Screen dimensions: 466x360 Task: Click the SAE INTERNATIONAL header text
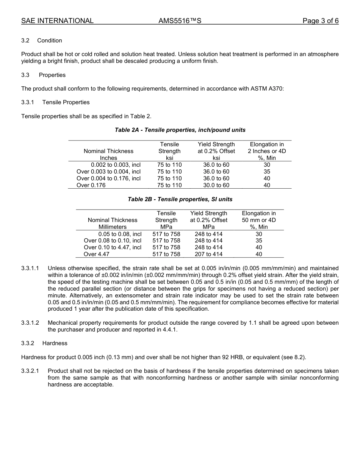[x=57, y=21]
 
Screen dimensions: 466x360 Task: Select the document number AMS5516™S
[x=180, y=21]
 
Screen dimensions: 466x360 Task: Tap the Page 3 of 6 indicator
[x=320, y=21]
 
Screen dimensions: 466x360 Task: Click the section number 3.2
[x=25, y=41]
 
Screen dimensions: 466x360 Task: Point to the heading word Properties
[x=52, y=75]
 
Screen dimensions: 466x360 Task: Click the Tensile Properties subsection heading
[x=66, y=102]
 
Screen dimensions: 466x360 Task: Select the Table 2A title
[x=180, y=130]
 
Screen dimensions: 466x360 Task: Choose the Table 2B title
[x=180, y=199]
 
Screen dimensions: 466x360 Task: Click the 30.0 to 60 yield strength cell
[x=216, y=185]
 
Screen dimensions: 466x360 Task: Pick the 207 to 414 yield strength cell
[x=208, y=254]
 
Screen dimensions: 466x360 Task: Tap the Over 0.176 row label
[x=91, y=185]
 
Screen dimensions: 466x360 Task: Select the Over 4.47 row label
[x=97, y=254]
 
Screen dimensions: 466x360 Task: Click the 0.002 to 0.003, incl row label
[x=116, y=165]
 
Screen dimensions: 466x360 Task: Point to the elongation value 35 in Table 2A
[x=267, y=172]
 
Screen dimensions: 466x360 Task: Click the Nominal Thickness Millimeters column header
[x=113, y=224]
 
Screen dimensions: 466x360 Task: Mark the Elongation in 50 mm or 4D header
[x=259, y=220]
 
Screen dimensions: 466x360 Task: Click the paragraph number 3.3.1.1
[x=30, y=268]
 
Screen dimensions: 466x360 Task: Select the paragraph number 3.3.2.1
[x=30, y=371]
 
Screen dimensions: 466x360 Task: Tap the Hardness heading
[x=55, y=343]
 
